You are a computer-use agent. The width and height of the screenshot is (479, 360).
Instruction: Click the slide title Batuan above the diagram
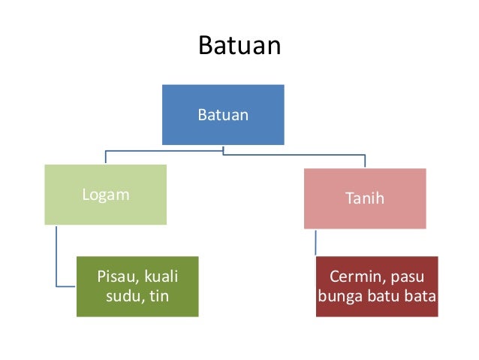(x=239, y=46)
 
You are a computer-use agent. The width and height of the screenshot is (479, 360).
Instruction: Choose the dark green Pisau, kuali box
(x=137, y=286)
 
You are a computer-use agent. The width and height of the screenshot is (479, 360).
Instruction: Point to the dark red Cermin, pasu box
(x=376, y=286)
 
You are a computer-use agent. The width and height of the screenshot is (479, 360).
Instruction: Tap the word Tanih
(x=364, y=198)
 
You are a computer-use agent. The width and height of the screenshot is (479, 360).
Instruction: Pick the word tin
(x=158, y=295)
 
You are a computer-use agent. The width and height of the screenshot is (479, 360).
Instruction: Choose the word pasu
(x=406, y=275)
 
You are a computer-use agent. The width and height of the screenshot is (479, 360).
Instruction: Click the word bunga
(x=339, y=295)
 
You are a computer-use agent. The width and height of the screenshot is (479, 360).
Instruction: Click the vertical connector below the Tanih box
(x=315, y=242)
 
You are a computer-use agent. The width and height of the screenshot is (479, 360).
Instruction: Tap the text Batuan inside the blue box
(x=223, y=115)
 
